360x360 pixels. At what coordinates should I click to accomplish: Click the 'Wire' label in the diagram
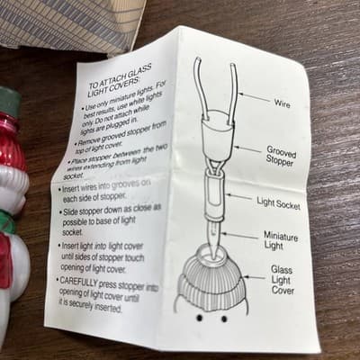tap(282, 103)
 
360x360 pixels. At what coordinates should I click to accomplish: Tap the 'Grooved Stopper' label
tap(281, 156)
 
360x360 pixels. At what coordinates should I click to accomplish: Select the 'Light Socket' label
tap(278, 203)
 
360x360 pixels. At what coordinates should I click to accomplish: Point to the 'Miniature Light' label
tap(281, 240)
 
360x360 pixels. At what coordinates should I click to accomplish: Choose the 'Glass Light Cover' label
tap(283, 280)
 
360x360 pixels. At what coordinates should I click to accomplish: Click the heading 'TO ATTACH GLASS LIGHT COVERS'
tap(119, 79)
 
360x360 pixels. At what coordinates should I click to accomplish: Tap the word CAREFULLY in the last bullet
tap(78, 282)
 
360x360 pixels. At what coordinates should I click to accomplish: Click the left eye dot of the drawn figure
tap(200, 318)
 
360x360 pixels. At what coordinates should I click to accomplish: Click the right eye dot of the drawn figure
tap(224, 319)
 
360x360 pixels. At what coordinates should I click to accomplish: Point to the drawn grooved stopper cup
tap(218, 137)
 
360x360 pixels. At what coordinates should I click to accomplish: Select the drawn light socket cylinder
tap(216, 195)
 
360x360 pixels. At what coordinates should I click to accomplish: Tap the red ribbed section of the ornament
tap(12, 140)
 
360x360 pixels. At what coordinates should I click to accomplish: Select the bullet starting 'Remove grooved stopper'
tap(120, 135)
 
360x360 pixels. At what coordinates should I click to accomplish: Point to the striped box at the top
tap(69, 25)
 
